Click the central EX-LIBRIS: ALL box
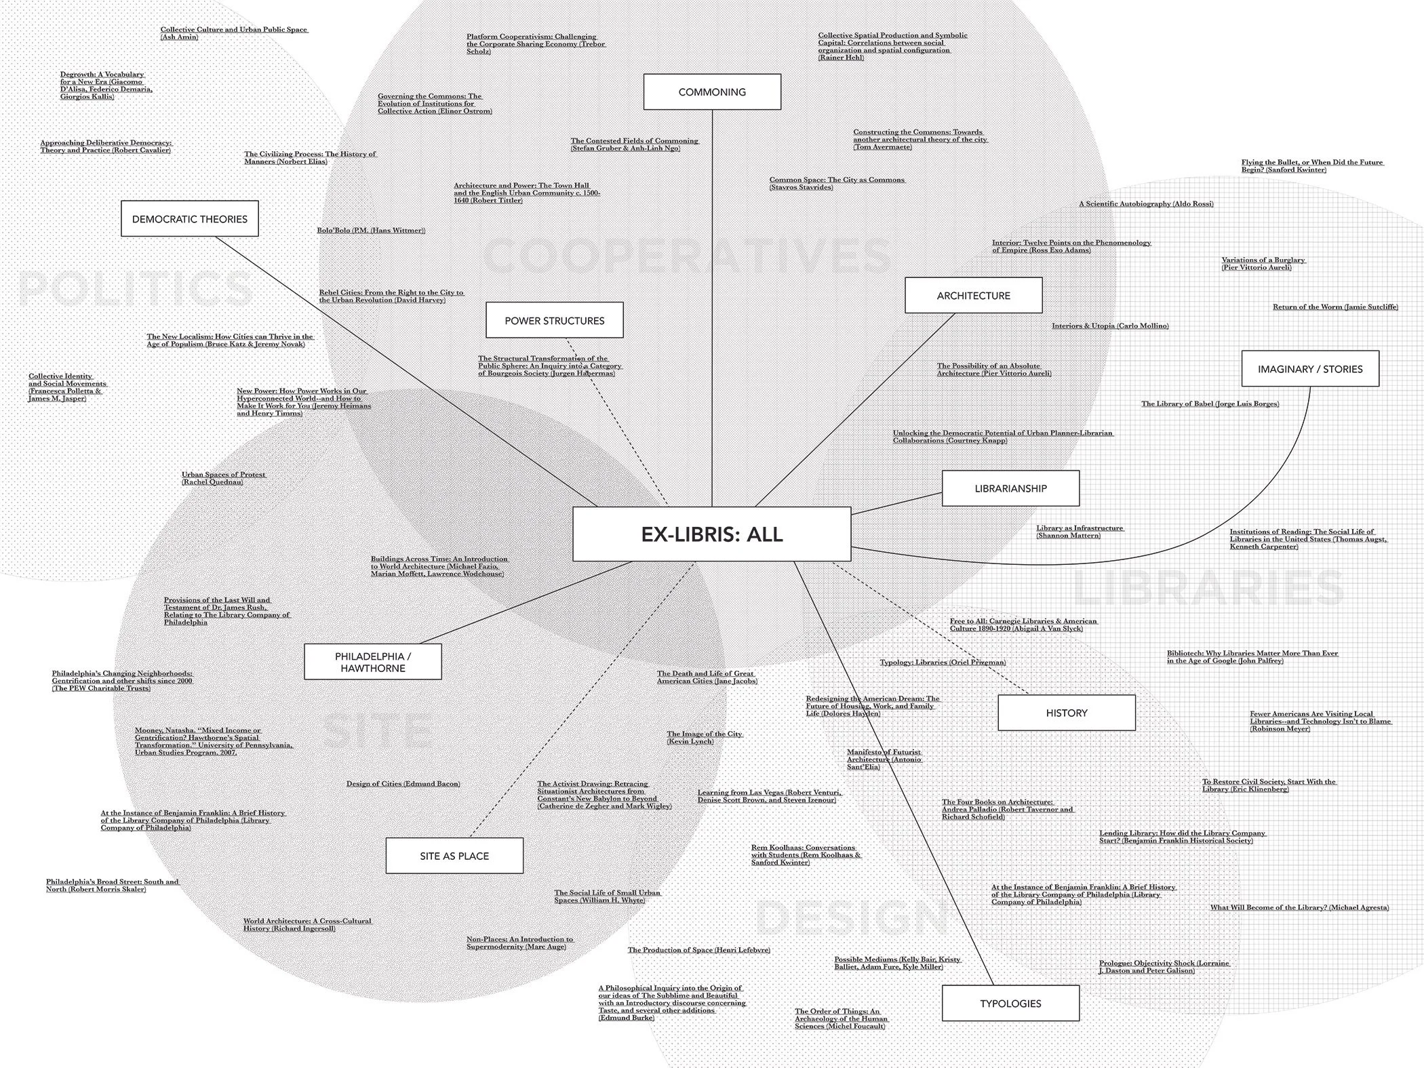tap(711, 534)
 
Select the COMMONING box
tap(712, 92)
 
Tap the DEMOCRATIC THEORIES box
tap(189, 218)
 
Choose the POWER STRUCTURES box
tap(554, 320)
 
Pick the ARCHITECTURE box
tap(973, 295)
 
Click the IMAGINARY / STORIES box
tap(1309, 369)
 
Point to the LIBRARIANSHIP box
tap(1010, 488)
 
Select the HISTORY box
tap(1066, 713)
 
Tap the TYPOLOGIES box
tap(1010, 1003)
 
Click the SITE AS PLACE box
tap(454, 856)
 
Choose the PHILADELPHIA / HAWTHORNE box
tap(372, 662)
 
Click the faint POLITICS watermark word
tap(136, 288)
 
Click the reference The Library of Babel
tap(1210, 404)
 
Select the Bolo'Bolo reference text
tap(371, 231)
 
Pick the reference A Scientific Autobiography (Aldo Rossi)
tap(1146, 204)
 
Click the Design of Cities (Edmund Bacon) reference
tap(403, 784)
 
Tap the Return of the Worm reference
tap(1334, 307)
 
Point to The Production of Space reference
tap(698, 950)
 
